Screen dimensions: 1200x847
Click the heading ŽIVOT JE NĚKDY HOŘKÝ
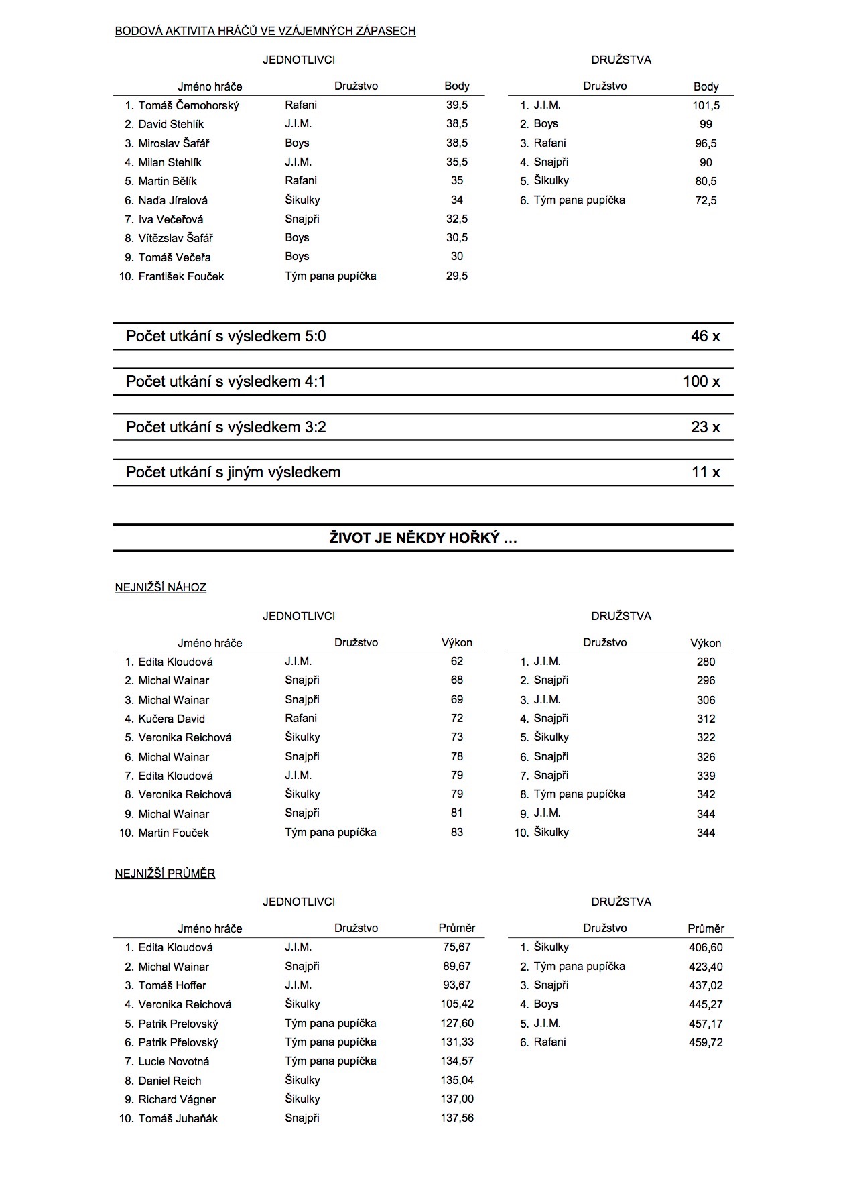pos(423,538)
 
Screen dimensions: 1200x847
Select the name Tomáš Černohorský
pos(188,105)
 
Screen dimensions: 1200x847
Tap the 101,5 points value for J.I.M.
pos(706,105)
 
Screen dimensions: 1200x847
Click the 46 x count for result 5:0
pos(705,337)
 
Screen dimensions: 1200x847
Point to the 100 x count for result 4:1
pos(701,382)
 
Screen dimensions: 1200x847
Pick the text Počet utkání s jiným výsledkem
pos(233,473)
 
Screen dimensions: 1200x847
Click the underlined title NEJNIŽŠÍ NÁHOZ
pos(161,588)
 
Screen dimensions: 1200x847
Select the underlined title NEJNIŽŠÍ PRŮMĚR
pos(165,874)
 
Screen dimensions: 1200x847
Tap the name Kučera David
pos(172,719)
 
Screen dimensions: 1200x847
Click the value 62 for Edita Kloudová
pos(457,662)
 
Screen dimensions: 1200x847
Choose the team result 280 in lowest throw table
pos(706,662)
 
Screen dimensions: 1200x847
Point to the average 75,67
pos(457,947)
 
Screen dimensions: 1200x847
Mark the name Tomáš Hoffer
pos(172,985)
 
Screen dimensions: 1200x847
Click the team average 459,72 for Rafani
pos(706,1042)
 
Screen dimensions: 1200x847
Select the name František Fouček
pos(181,276)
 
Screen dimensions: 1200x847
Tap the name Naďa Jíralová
pos(173,200)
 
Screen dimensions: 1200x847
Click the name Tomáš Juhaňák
pos(178,1118)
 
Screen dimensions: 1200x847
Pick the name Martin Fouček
pos(174,833)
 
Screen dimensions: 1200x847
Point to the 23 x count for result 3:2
pos(705,428)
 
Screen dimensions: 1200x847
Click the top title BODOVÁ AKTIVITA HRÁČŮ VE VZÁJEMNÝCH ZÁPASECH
pos(265,31)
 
